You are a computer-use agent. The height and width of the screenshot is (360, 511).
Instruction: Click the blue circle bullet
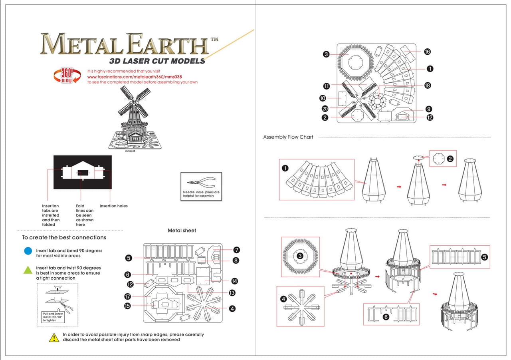(x=28, y=251)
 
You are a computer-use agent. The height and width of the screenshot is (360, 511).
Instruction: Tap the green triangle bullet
(x=28, y=270)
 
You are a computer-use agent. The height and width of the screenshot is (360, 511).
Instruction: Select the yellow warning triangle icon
(x=54, y=338)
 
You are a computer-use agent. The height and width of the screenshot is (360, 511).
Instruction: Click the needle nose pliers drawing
(x=201, y=183)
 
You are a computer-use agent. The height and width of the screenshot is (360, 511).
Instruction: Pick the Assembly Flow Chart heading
(x=288, y=137)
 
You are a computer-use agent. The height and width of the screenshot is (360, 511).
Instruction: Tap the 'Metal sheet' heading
(x=182, y=231)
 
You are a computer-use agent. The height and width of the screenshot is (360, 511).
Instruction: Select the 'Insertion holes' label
(x=113, y=206)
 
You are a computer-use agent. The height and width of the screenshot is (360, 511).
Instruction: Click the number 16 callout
(x=427, y=52)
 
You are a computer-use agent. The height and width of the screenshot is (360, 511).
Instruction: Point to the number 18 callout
(x=428, y=86)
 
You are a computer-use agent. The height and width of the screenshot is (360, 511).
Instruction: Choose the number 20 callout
(x=325, y=109)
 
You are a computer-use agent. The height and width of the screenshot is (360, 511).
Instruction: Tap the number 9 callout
(x=429, y=109)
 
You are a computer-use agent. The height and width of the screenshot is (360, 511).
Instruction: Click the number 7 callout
(x=236, y=250)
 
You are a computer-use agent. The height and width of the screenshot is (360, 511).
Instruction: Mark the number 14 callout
(x=234, y=281)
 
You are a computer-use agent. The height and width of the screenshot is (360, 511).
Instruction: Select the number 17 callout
(x=128, y=296)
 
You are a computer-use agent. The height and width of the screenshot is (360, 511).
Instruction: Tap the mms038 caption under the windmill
(x=129, y=151)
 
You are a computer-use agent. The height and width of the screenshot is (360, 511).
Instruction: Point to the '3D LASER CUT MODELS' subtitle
(x=157, y=61)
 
